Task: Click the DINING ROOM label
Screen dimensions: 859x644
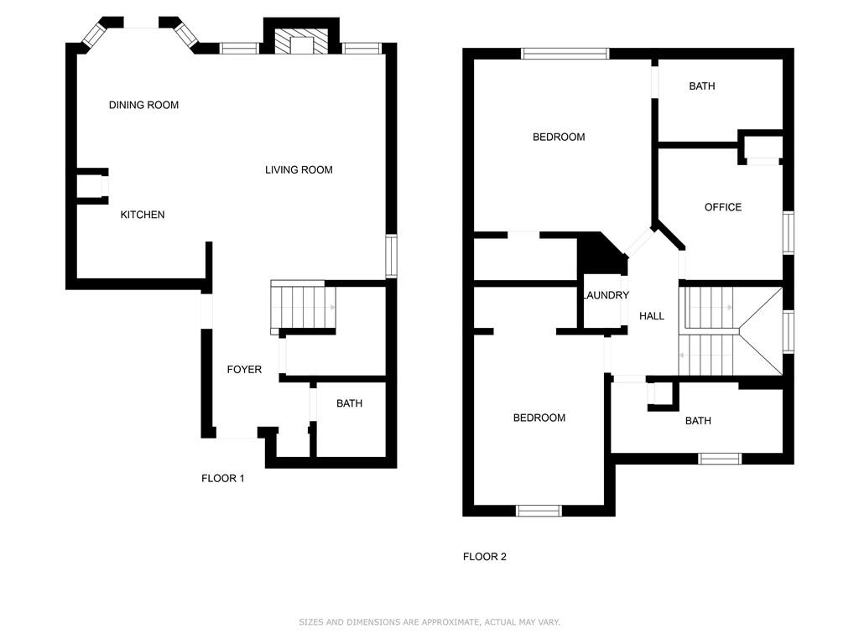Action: coord(143,105)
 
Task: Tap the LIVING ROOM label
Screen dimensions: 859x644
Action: coord(299,169)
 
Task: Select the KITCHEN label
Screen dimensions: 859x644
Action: coord(143,215)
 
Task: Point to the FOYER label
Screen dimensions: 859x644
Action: coord(244,370)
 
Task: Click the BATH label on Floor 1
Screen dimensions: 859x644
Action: coord(350,403)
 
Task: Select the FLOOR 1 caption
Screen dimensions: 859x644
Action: coord(223,479)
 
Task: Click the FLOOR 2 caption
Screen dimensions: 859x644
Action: coord(485,557)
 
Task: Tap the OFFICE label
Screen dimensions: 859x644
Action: coord(723,207)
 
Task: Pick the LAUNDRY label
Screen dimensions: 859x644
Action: coord(606,295)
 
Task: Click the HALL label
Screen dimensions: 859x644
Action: coord(652,316)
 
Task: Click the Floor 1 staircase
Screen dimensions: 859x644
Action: coord(303,307)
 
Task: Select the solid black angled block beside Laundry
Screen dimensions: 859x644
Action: coord(602,253)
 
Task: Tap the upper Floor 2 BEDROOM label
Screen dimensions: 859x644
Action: coord(559,137)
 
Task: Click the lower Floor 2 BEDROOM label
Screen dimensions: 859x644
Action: coord(539,418)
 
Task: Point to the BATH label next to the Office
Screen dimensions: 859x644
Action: coord(702,86)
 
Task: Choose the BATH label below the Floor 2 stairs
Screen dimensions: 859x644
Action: coord(698,421)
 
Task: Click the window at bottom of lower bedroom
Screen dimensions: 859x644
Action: coord(539,511)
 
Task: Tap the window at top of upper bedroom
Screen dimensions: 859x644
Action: coord(565,54)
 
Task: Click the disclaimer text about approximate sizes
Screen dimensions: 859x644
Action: coord(429,622)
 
